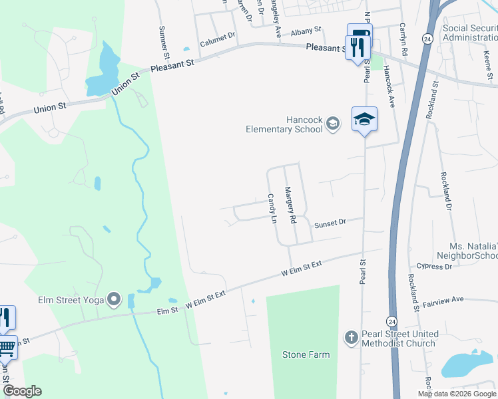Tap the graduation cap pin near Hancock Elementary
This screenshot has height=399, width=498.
(x=364, y=120)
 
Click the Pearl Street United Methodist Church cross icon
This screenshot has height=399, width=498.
(x=352, y=338)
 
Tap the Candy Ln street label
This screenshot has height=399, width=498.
(x=272, y=207)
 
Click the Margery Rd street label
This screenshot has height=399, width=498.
(x=290, y=205)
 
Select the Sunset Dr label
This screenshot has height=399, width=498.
(x=331, y=223)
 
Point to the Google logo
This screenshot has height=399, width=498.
(x=22, y=391)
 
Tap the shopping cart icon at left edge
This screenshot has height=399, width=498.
(x=7, y=347)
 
